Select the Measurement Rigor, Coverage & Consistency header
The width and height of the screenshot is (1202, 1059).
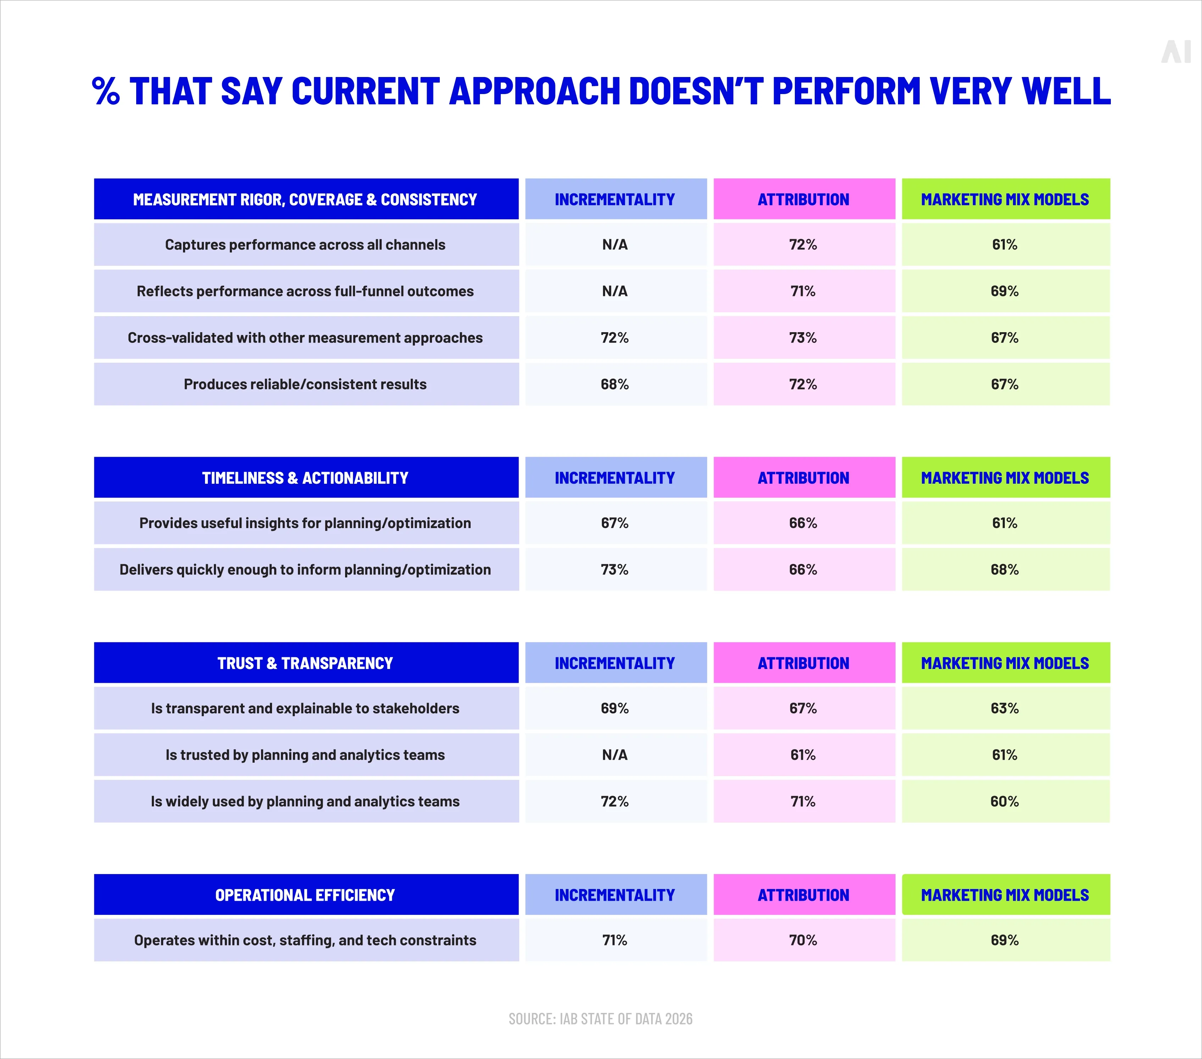[x=305, y=199]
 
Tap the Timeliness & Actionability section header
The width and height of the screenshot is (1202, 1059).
[x=305, y=478]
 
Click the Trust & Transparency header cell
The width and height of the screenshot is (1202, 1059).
[x=305, y=663]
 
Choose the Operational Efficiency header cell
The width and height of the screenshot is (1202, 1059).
[x=305, y=895]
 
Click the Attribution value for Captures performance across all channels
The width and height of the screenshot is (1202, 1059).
[x=803, y=245]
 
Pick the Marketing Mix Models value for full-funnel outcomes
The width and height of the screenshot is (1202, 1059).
[x=1004, y=291]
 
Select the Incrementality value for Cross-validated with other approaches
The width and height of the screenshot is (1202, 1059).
[x=615, y=338]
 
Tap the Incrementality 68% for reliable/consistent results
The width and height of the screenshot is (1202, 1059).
[x=615, y=384]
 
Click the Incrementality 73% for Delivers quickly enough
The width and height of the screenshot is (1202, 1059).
[x=615, y=570]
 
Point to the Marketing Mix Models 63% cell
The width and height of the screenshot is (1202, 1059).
[x=1004, y=708]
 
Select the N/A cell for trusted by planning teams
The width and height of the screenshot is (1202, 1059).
[x=615, y=755]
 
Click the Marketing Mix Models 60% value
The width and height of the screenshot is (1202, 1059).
[x=1004, y=801]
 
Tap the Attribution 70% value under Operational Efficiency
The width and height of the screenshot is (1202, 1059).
[x=803, y=940]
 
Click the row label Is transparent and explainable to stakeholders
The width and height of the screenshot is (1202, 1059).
[x=305, y=708]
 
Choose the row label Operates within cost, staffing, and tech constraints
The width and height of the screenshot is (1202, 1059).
[x=305, y=940]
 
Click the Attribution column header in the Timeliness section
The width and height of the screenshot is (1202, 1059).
[x=803, y=478]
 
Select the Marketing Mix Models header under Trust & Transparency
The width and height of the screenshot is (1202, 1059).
[x=1004, y=663]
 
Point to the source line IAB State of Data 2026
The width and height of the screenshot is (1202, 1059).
[x=600, y=1019]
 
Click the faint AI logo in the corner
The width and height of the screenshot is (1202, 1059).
[x=1175, y=53]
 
